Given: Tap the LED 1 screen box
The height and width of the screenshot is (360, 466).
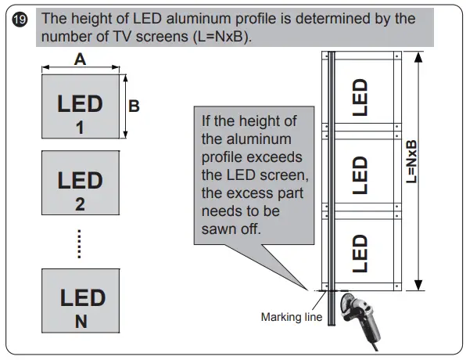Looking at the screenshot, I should (80, 105).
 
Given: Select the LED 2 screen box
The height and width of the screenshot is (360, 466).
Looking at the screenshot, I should (80, 188).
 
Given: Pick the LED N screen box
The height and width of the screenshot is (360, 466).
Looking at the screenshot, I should (80, 304).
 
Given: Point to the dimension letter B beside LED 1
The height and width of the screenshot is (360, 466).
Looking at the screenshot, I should (134, 106).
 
